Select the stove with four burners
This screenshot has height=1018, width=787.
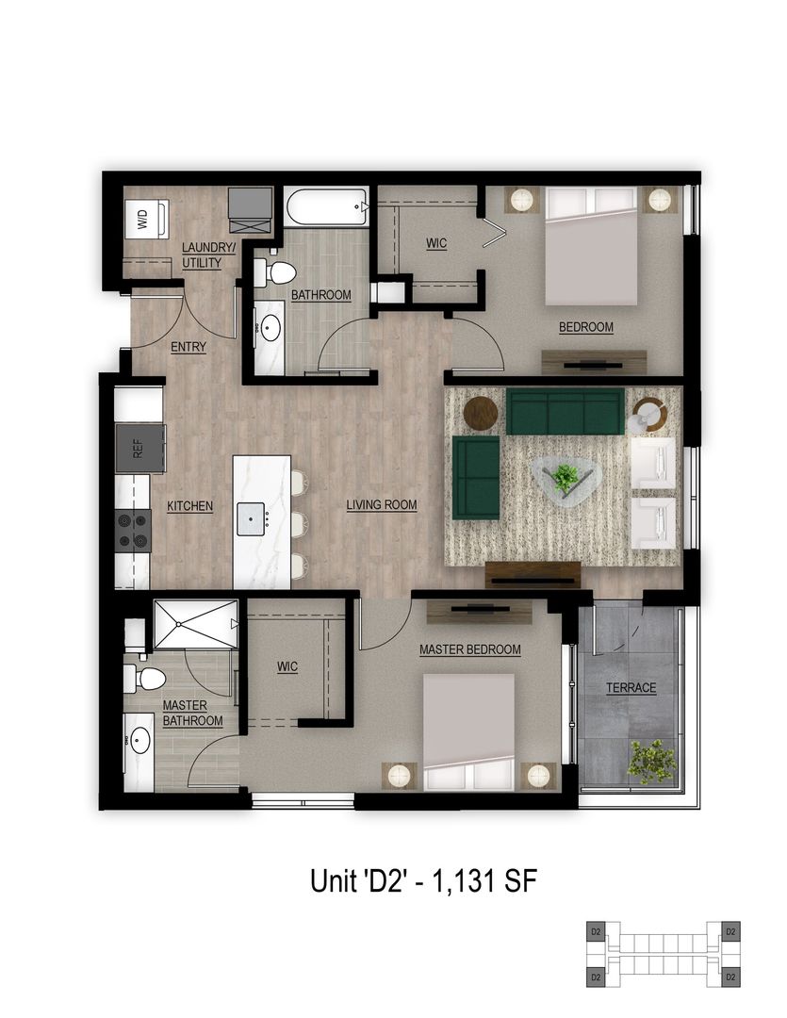click(133, 530)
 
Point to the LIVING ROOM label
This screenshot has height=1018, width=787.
click(381, 505)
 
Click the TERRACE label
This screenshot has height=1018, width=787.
click(631, 688)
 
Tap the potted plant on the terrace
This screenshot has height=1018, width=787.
click(652, 759)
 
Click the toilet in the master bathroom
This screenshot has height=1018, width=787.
click(146, 678)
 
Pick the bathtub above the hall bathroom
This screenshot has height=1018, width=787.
click(326, 206)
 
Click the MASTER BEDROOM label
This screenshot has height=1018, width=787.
click(470, 649)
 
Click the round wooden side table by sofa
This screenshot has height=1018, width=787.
click(481, 413)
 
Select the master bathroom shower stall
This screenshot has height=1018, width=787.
click(195, 623)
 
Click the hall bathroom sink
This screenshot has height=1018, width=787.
click(269, 329)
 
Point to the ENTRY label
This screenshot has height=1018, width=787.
click(189, 347)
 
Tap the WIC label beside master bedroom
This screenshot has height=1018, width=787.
click(287, 667)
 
